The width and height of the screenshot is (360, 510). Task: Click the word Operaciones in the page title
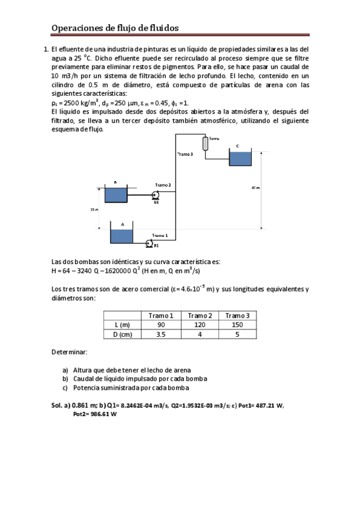click(x=77, y=28)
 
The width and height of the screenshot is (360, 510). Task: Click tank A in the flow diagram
click(x=121, y=235)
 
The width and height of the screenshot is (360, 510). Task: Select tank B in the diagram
click(x=115, y=195)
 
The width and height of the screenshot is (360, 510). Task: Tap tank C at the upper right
click(x=240, y=159)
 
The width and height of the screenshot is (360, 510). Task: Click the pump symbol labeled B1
click(x=149, y=243)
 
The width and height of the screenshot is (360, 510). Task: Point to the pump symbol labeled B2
click(x=155, y=195)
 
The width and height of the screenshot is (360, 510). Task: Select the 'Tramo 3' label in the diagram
click(x=185, y=155)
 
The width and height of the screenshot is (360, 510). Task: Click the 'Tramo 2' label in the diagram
click(x=163, y=185)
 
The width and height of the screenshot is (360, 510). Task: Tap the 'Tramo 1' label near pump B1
click(x=160, y=235)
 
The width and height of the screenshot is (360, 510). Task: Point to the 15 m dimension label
click(x=94, y=209)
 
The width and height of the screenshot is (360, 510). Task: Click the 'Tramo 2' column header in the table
click(x=200, y=316)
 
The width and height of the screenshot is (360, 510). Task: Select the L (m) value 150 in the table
click(x=237, y=325)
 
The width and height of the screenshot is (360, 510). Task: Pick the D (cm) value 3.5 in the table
click(x=160, y=334)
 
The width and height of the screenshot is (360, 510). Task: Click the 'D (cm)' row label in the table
click(x=123, y=334)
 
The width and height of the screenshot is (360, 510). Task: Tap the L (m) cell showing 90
click(x=160, y=325)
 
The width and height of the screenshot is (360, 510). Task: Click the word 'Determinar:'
click(x=70, y=351)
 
